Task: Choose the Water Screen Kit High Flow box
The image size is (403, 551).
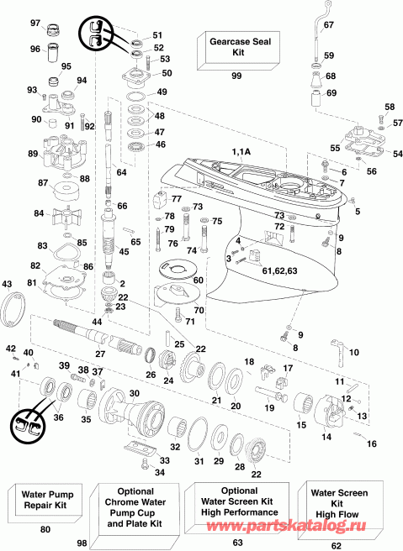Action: [x=340, y=504]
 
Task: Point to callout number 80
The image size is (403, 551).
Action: [x=44, y=529]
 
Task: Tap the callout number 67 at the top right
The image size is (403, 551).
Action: [x=327, y=26]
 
